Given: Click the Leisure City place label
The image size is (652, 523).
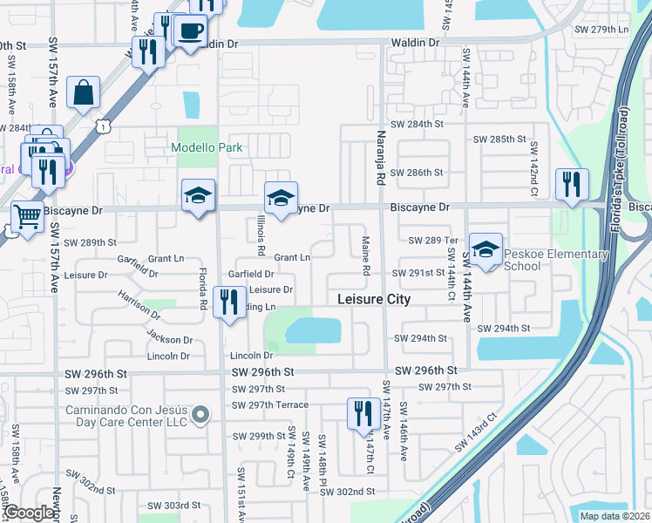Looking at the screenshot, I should click(373, 300).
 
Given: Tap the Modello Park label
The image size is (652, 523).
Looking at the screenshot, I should click(207, 148).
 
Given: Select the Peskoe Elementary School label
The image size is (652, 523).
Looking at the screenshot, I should click(555, 260).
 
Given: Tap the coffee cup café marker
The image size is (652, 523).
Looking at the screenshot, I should click(191, 32).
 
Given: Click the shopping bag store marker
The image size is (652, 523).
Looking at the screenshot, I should click(83, 93).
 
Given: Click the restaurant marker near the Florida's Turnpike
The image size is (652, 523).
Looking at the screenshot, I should click(572, 185).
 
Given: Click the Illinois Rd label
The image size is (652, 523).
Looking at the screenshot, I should click(261, 236).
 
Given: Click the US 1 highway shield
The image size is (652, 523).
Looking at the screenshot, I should click(103, 127).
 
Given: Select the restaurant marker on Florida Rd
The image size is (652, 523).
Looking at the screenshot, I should click(228, 303).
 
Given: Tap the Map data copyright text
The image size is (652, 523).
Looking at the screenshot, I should click(615, 516).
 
